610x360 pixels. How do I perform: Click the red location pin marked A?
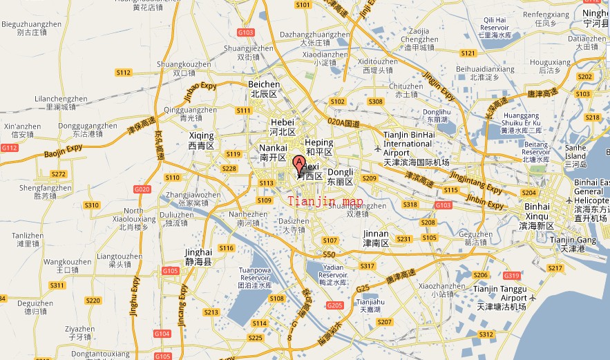[x=299, y=164]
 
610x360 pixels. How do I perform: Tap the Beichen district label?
[x=264, y=89]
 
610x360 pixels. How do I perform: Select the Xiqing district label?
[x=201, y=140]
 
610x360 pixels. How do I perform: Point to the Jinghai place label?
[x=198, y=257]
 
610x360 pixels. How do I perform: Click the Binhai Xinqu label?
[x=537, y=211]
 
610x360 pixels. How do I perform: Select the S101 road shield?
[x=303, y=5]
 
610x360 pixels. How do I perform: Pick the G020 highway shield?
[x=142, y=189]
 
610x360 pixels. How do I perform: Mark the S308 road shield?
[x=376, y=102]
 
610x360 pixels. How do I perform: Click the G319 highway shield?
[x=512, y=276]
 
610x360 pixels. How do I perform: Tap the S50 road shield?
[x=329, y=254]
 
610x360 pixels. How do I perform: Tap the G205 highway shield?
[x=335, y=305]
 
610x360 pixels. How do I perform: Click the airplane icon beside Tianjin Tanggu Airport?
[x=533, y=297]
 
